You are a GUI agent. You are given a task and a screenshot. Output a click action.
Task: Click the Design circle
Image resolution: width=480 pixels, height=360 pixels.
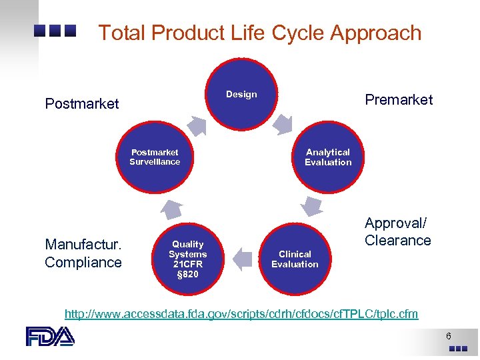click(x=241, y=94)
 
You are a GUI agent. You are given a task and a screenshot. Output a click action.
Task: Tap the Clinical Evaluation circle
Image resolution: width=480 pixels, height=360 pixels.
click(x=295, y=259)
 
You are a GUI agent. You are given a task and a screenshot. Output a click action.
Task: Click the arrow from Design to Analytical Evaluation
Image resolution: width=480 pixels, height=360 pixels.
click(x=283, y=123)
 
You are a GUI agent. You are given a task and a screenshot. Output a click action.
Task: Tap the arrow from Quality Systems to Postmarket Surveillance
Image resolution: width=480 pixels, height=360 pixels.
click(x=171, y=209)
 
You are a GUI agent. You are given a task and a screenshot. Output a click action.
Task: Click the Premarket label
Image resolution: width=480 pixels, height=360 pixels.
click(x=399, y=100)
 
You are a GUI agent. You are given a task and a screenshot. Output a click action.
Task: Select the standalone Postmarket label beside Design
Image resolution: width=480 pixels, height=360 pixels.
click(x=82, y=104)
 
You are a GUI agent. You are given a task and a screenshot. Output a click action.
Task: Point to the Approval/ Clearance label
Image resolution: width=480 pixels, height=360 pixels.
click(x=398, y=231)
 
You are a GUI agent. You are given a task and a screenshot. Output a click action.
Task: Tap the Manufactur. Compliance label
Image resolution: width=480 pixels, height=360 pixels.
click(x=83, y=254)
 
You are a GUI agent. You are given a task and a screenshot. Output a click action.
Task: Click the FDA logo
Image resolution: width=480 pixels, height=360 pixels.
click(x=50, y=336)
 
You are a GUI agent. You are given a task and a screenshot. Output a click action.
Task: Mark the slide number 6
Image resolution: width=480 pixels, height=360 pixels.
click(x=449, y=336)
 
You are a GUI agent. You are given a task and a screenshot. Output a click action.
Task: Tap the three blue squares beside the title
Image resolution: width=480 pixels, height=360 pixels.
click(x=56, y=31)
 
